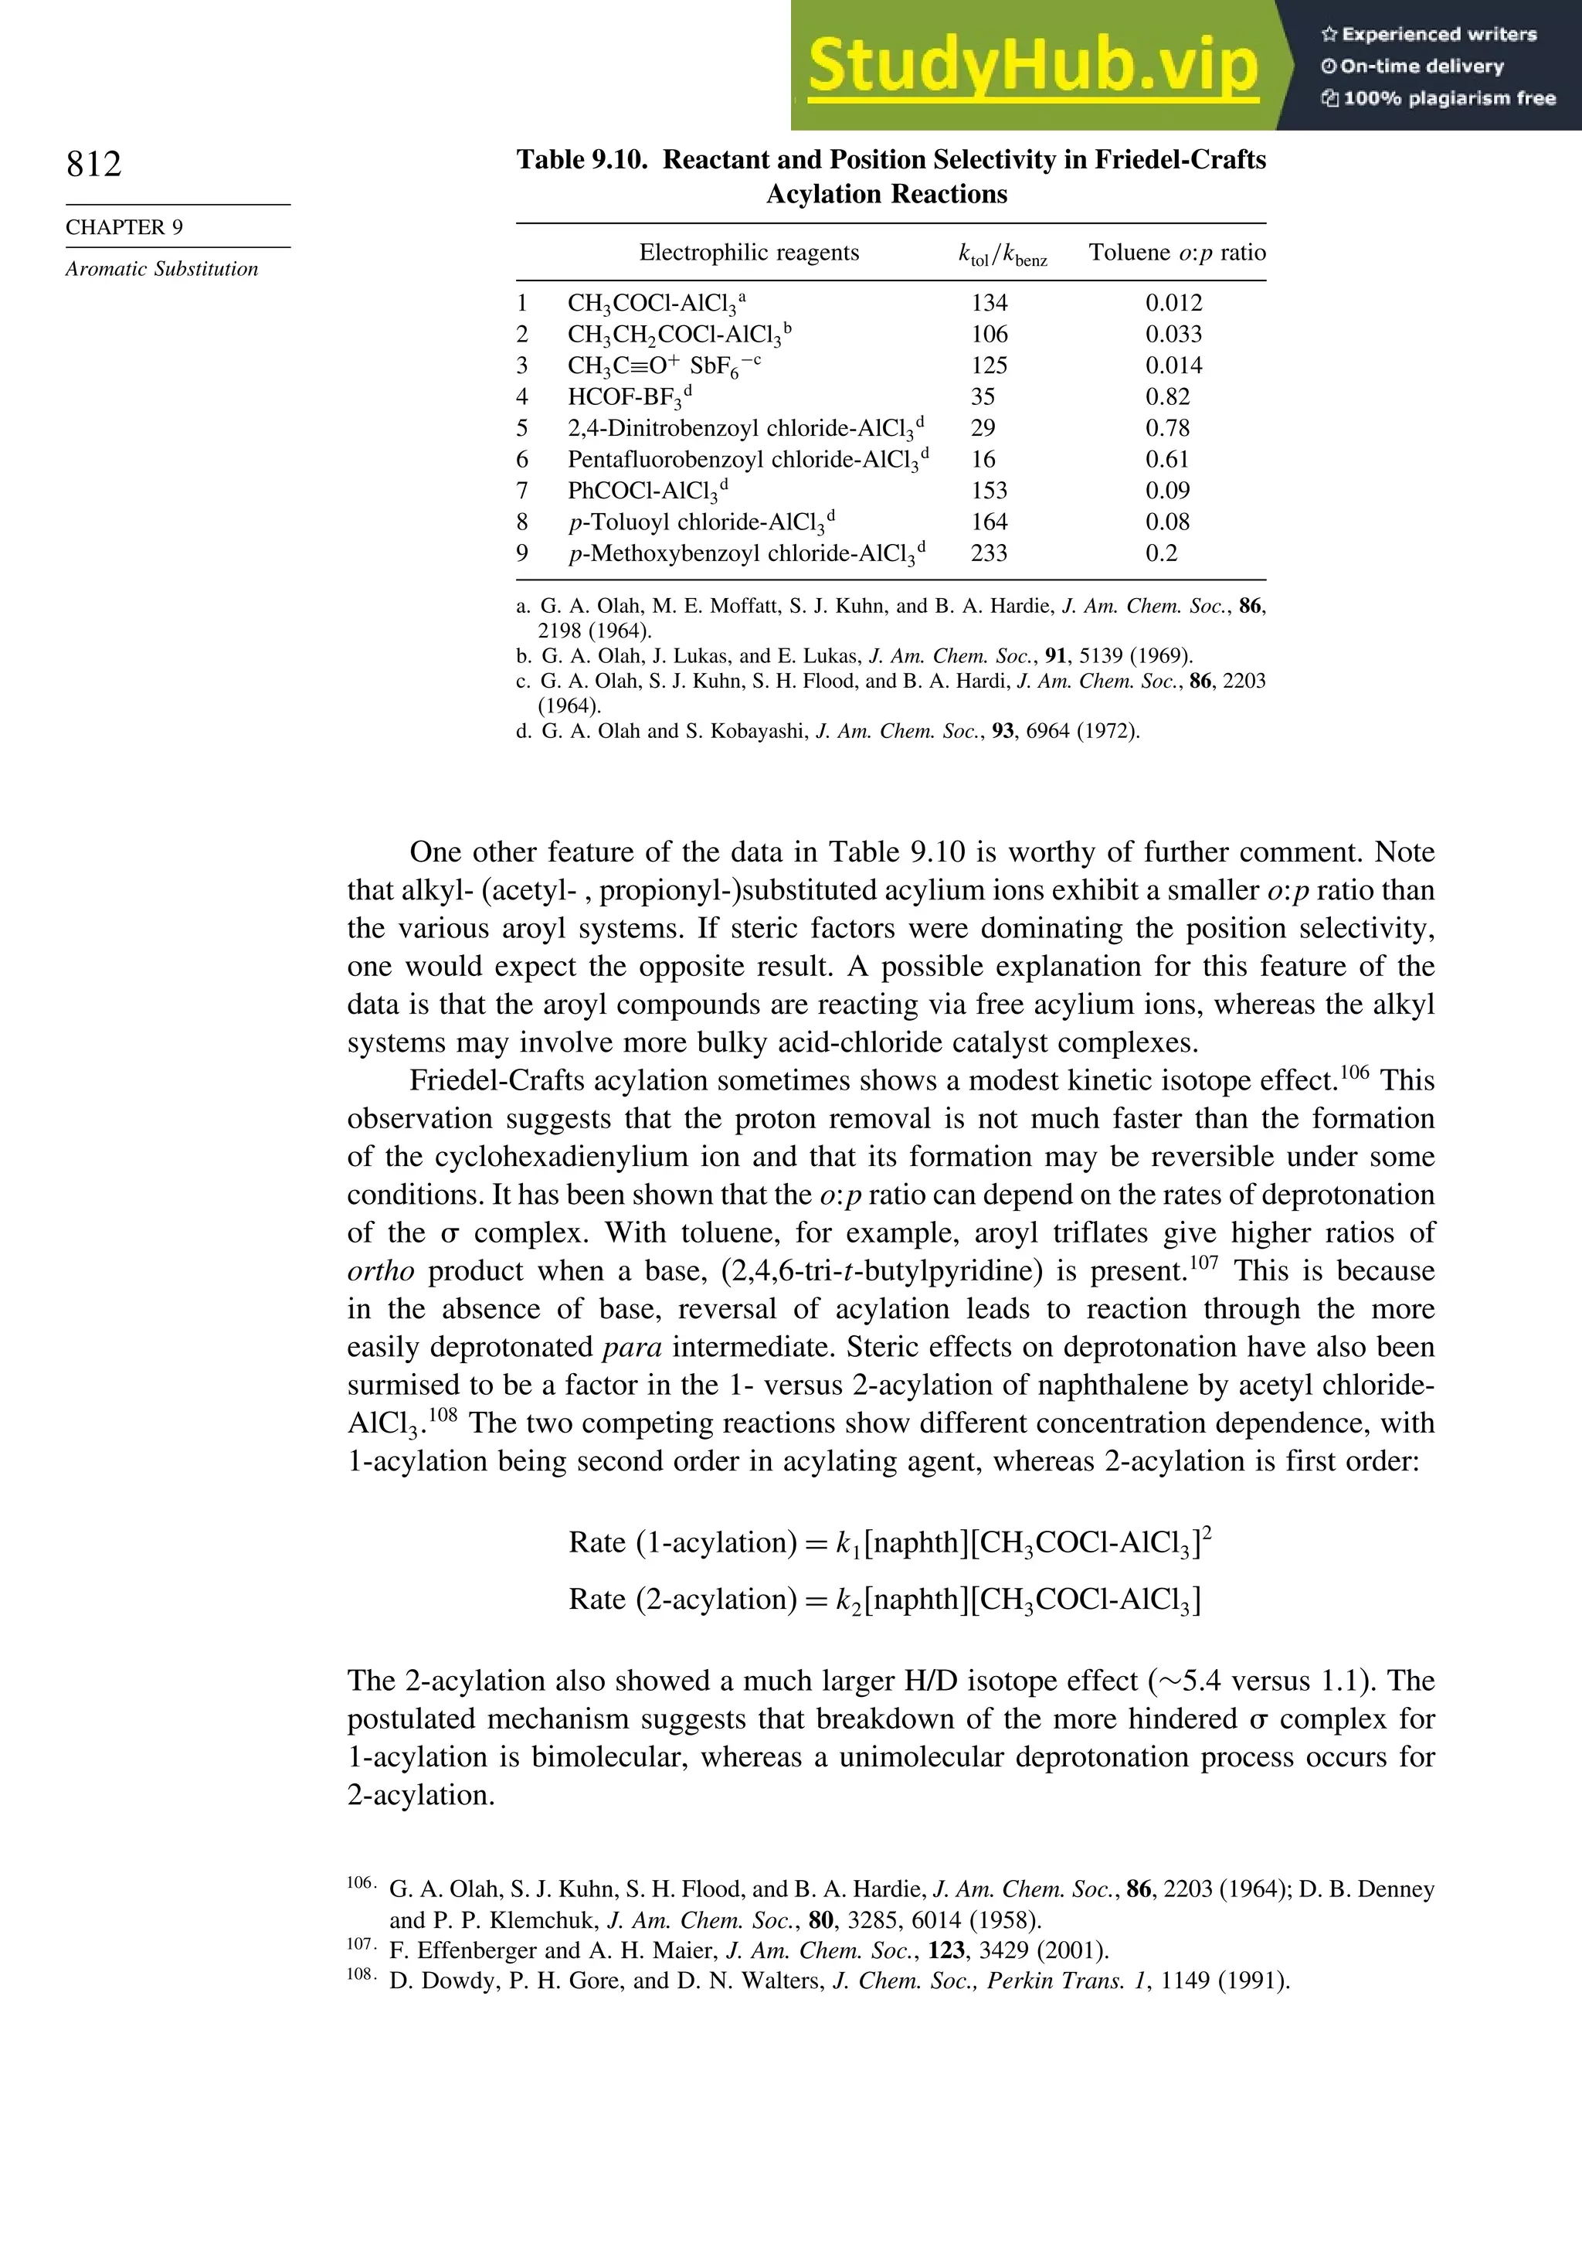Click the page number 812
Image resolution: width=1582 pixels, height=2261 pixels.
click(x=94, y=164)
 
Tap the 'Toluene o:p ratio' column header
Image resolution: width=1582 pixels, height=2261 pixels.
click(x=1176, y=253)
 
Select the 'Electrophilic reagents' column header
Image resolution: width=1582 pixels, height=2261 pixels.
click(x=749, y=253)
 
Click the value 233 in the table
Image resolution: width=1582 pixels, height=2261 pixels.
click(x=989, y=553)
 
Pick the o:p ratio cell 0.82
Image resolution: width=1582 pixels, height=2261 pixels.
click(x=1166, y=397)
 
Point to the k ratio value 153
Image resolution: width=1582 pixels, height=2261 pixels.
click(x=989, y=491)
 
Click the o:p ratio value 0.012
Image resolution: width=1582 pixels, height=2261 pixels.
click(x=1173, y=304)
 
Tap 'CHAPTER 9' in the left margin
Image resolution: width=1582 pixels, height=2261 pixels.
click(x=124, y=227)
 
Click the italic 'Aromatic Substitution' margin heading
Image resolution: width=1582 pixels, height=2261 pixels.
click(x=161, y=269)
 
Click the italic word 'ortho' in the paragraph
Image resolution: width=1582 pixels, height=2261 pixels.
click(x=381, y=1271)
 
